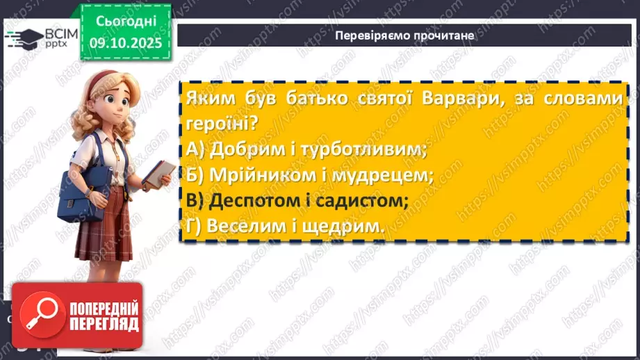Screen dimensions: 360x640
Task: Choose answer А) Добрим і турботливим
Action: click(306, 148)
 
